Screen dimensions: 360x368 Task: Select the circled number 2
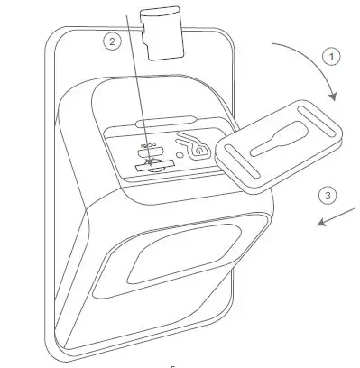click(112, 41)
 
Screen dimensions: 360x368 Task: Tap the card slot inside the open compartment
click(150, 167)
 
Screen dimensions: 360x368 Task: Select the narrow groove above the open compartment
click(167, 119)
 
